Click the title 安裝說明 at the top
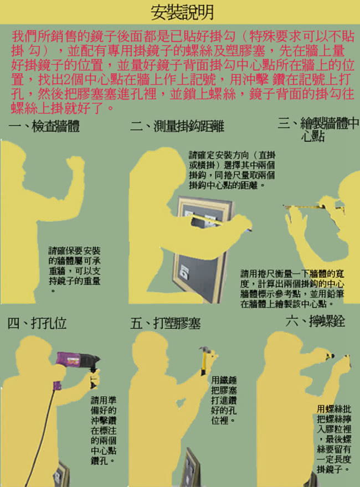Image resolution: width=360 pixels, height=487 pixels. (x=182, y=12)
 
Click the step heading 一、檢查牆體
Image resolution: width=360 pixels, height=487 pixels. (x=44, y=126)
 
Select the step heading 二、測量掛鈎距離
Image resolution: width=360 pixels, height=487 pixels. (x=177, y=126)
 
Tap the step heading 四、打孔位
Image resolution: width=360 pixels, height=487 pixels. (x=37, y=323)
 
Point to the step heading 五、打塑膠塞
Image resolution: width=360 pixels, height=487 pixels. (x=166, y=323)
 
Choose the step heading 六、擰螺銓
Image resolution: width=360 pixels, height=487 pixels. (x=315, y=321)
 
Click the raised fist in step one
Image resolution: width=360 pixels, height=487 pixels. (x=75, y=163)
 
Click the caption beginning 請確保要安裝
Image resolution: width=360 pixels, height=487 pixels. (x=75, y=270)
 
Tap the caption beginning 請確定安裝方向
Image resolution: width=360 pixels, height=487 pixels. (x=232, y=170)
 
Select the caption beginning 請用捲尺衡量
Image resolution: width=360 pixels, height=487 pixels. (x=292, y=288)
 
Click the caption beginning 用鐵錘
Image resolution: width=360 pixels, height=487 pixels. (x=224, y=400)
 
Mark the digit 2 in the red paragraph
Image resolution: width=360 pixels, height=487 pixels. (x=67, y=80)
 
